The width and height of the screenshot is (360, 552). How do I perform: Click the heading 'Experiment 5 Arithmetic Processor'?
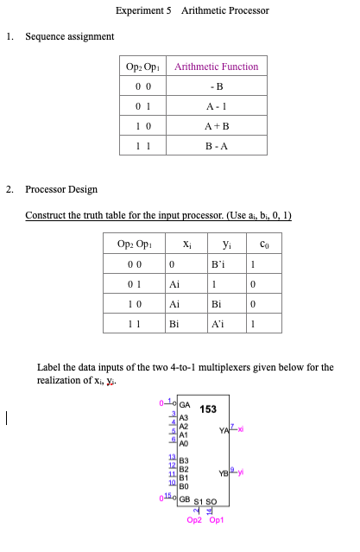pos(192,11)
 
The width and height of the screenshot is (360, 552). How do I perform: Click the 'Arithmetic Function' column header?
pos(216,67)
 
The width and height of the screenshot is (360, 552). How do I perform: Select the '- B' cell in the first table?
pos(216,86)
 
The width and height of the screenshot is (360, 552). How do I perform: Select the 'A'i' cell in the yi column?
pos(220,325)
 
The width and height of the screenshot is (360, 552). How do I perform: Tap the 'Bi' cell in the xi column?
pos(174,325)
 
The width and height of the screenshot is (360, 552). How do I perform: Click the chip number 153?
pos(208,410)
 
